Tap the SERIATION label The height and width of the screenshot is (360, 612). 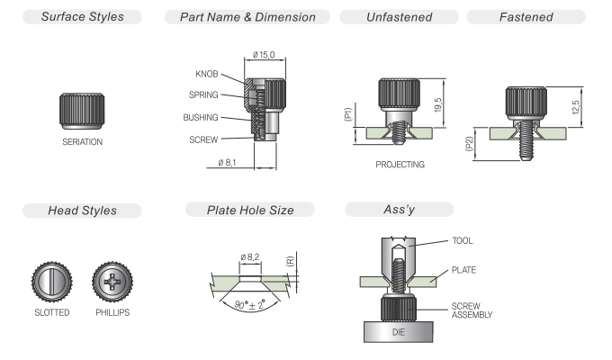pyautogui.click(x=82, y=141)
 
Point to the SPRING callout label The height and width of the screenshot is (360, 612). pyautogui.click(x=203, y=94)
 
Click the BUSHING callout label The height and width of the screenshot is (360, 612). pyautogui.click(x=201, y=117)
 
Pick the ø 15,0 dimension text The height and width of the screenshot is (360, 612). pyautogui.click(x=265, y=55)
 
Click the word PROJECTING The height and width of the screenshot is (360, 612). pyautogui.click(x=400, y=166)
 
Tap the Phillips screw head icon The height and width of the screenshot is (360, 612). pyautogui.click(x=112, y=282)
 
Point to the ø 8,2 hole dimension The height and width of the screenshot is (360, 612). pyautogui.click(x=250, y=257)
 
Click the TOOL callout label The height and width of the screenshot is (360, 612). pyautogui.click(x=463, y=241)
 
